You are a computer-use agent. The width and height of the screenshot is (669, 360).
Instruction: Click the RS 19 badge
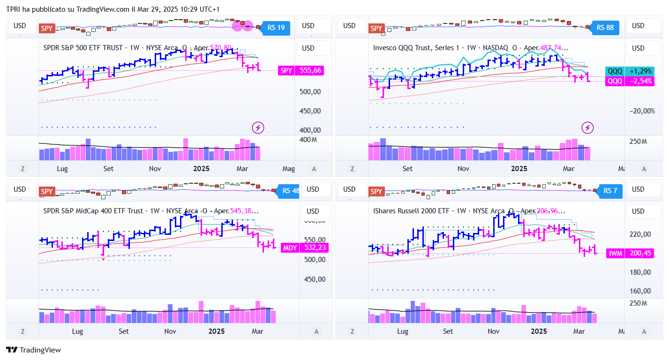276,28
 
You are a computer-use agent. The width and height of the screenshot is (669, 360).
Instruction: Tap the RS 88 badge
605,28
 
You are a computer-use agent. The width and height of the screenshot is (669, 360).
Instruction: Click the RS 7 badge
610,191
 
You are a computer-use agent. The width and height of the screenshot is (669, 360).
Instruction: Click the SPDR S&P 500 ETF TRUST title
83,48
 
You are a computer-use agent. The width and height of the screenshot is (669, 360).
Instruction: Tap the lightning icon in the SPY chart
258,127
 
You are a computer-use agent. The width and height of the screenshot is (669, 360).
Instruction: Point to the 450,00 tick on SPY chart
310,111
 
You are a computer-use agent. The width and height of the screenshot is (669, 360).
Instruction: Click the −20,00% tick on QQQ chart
642,111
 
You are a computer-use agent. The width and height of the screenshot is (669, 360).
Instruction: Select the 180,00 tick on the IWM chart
640,272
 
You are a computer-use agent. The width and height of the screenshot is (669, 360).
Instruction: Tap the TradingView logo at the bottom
33,350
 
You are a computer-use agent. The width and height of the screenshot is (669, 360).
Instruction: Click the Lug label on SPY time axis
62,169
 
